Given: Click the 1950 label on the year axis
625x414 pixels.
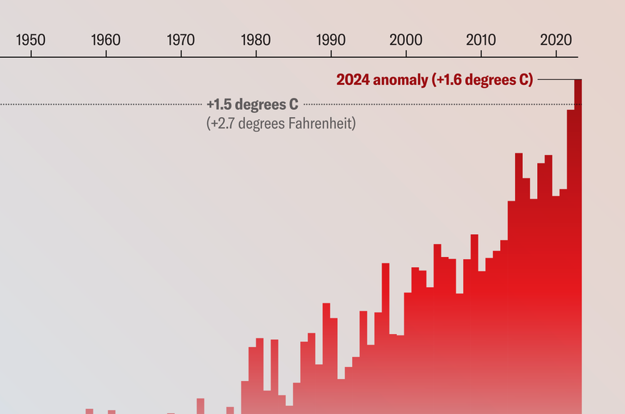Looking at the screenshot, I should [x=31, y=39].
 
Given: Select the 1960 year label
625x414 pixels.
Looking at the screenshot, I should [x=106, y=39].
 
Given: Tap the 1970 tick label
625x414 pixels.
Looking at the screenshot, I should [x=181, y=39].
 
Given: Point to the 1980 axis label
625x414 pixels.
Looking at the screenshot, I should [x=256, y=39].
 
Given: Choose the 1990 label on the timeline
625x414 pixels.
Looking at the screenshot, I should [x=331, y=39].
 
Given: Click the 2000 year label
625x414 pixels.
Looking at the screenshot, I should [x=406, y=39].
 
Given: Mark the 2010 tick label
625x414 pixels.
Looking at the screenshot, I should [x=481, y=39].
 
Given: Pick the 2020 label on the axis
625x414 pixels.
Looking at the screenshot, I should [x=556, y=39].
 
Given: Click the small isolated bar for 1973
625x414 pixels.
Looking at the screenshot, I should [x=201, y=405].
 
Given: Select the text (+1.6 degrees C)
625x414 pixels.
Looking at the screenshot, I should [x=482, y=80].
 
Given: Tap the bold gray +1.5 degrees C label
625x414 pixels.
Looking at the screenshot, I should [x=252, y=105].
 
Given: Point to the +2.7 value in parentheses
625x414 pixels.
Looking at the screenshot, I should [x=221, y=123].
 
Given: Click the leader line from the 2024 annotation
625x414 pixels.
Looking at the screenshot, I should [x=554, y=79].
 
